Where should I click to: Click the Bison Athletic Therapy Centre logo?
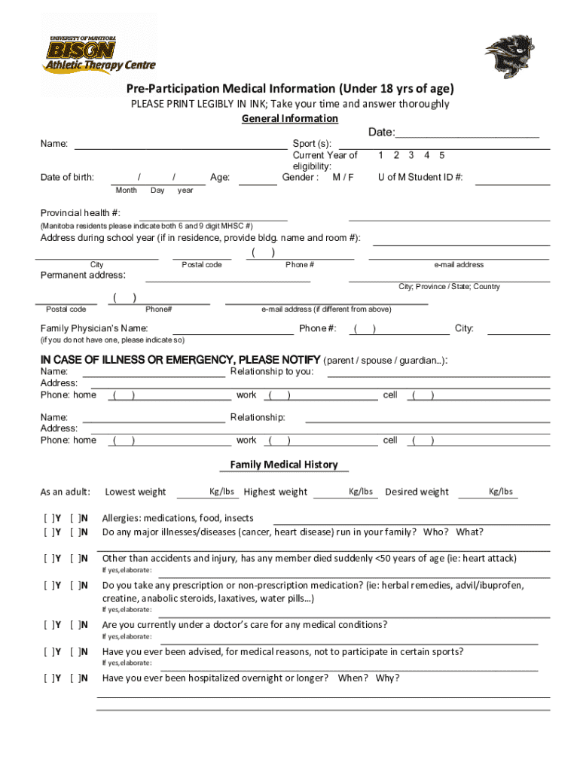[x=99, y=53]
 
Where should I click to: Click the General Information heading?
[x=289, y=119]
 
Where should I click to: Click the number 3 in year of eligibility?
[x=411, y=155]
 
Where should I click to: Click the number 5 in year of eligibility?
[x=442, y=155]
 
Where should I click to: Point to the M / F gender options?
[x=343, y=178]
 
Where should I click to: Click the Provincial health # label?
[x=80, y=213]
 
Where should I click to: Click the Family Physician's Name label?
[x=93, y=328]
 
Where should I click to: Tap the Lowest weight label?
[x=135, y=492]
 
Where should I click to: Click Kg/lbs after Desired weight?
[x=500, y=492]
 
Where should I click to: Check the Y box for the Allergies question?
[x=53, y=518]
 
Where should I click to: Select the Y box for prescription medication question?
[x=53, y=585]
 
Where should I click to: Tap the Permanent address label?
[x=82, y=275]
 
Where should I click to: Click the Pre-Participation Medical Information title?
[x=289, y=89]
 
